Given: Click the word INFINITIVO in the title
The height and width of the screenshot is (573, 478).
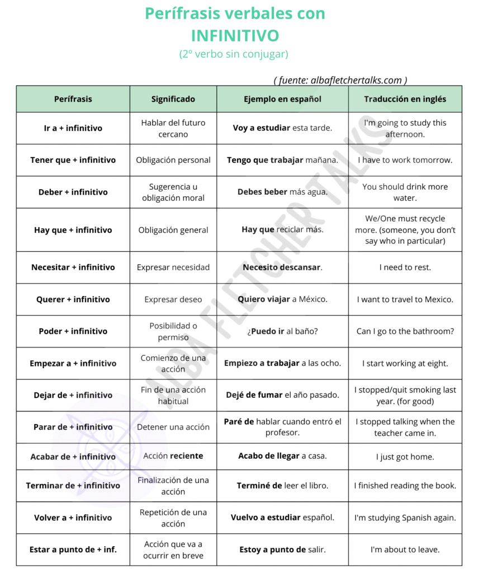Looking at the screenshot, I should (235, 36).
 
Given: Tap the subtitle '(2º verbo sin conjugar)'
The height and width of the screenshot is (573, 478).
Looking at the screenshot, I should (234, 54).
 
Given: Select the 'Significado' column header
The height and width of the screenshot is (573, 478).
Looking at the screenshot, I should (173, 99).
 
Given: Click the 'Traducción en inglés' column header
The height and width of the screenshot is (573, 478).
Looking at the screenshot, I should (405, 99).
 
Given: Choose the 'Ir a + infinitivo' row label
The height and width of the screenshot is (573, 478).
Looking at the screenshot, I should (73, 128).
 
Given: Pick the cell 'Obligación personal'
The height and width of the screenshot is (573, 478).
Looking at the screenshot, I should (173, 160).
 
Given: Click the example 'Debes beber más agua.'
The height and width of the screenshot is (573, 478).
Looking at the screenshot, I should (282, 192).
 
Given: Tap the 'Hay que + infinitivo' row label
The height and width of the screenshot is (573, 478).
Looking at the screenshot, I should (73, 230).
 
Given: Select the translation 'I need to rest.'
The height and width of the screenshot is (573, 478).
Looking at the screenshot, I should (405, 267).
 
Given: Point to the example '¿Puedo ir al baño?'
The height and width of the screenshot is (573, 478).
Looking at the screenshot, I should (282, 331).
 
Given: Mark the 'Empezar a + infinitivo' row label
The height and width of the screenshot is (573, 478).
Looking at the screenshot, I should (73, 363).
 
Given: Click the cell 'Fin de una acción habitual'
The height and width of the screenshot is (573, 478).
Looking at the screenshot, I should (173, 395).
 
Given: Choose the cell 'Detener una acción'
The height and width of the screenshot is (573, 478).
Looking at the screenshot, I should (173, 427).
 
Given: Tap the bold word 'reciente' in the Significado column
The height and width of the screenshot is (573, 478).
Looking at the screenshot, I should (187, 455).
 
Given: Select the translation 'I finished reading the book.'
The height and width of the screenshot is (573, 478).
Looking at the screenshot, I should (405, 486).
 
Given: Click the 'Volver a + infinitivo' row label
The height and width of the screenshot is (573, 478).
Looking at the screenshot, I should (73, 518).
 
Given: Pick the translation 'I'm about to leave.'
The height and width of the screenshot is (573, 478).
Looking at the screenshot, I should (405, 549).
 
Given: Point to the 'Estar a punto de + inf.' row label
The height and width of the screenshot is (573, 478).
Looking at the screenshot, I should (73, 549).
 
